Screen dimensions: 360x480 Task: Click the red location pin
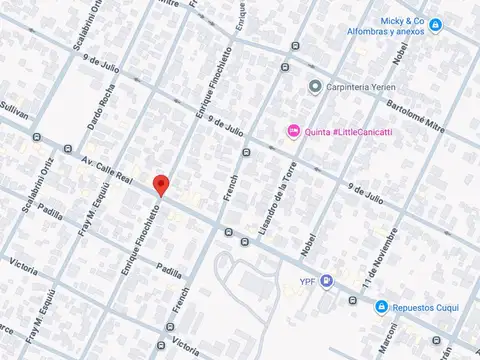(x=160, y=185)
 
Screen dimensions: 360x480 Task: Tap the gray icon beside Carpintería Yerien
(x=315, y=86)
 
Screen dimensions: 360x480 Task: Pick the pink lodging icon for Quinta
(x=293, y=129)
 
